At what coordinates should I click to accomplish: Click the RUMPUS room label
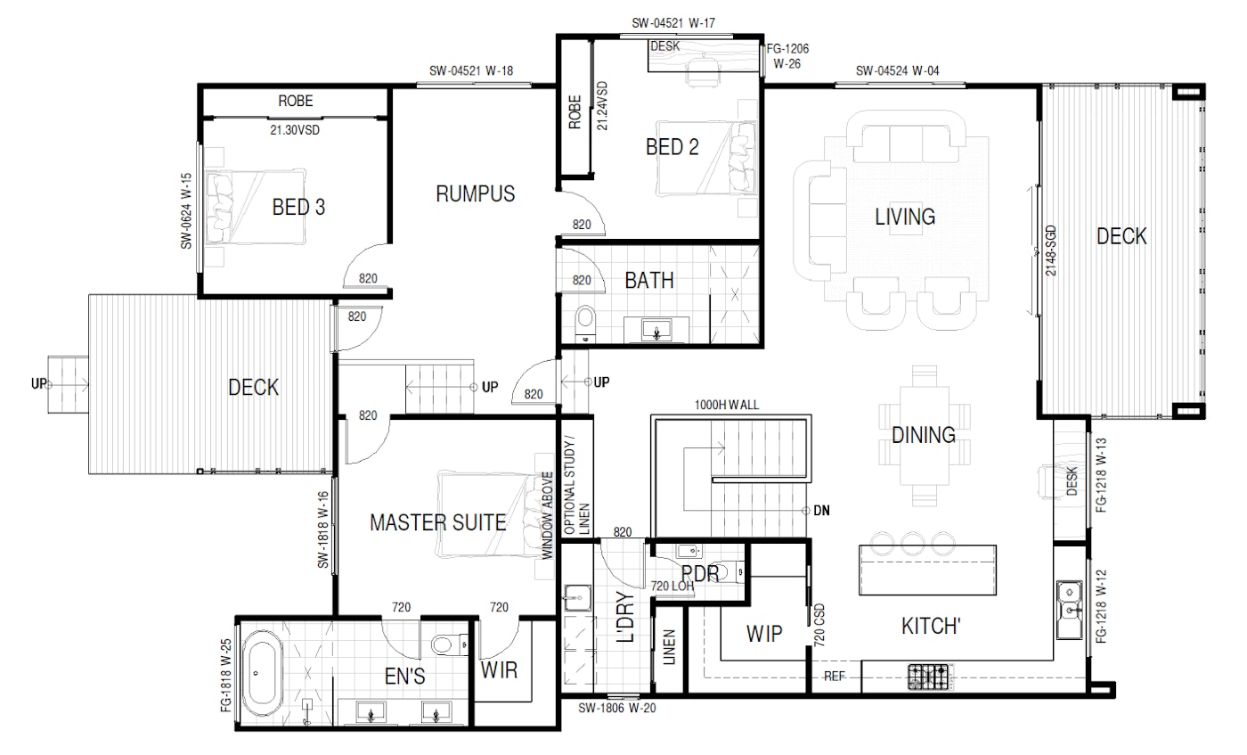[476, 194]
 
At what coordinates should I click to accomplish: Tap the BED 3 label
[298, 208]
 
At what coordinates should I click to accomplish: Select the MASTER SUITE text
[438, 522]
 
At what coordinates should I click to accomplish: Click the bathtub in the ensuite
[263, 673]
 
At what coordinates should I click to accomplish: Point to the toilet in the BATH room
[585, 322]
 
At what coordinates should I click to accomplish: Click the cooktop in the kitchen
[928, 677]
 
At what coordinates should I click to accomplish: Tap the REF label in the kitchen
[835, 677]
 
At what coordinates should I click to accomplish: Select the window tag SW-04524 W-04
[898, 70]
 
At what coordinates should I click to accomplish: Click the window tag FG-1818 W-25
[225, 676]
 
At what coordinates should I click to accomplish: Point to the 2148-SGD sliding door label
[1050, 250]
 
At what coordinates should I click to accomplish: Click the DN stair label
[821, 511]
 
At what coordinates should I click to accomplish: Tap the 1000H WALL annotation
[727, 405]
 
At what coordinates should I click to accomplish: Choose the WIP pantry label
[764, 634]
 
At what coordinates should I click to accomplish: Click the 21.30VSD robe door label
[295, 130]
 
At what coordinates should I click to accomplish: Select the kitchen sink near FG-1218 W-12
[1070, 610]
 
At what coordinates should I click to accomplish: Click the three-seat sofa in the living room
[906, 136]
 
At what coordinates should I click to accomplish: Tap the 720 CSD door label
[819, 625]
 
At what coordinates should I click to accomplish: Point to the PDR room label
[700, 573]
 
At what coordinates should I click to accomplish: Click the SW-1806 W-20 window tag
[616, 708]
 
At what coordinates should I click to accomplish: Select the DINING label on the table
[924, 435]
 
